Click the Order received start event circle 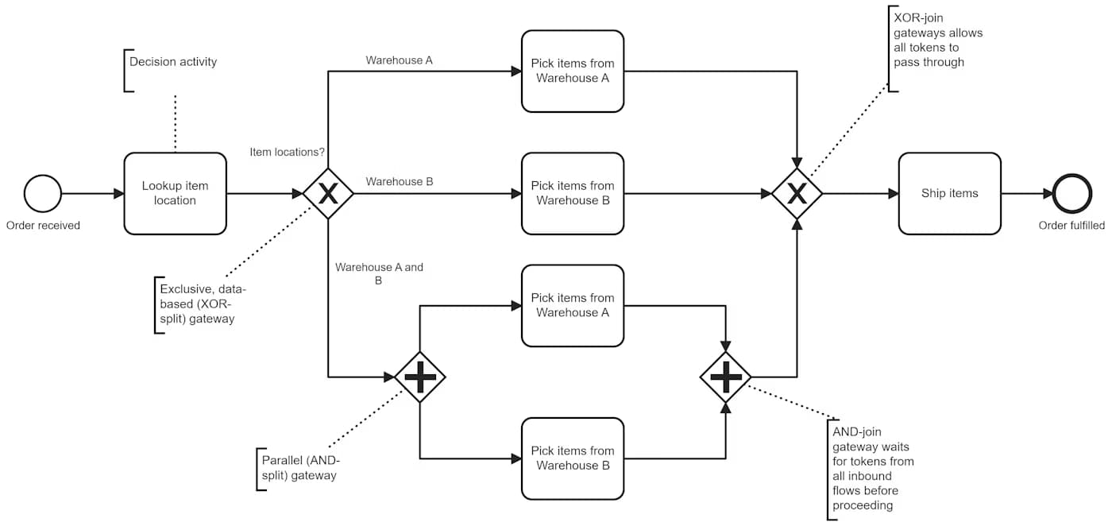click(43, 193)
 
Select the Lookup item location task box click(175, 193)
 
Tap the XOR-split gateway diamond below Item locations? click(328, 193)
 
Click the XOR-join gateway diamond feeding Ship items click(797, 193)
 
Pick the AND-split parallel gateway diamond click(420, 377)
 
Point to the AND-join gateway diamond click(725, 377)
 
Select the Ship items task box click(949, 193)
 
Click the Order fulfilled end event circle click(1071, 193)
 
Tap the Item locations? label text click(287, 152)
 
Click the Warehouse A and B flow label click(379, 273)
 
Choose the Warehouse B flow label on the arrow click(399, 181)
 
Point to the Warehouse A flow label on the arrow click(399, 60)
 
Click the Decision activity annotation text click(172, 62)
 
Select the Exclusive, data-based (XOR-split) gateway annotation click(198, 304)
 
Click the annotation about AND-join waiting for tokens click(872, 468)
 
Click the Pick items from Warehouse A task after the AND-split click(572, 305)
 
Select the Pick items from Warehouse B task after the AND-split click(572, 458)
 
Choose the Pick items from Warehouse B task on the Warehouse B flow click(572, 193)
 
